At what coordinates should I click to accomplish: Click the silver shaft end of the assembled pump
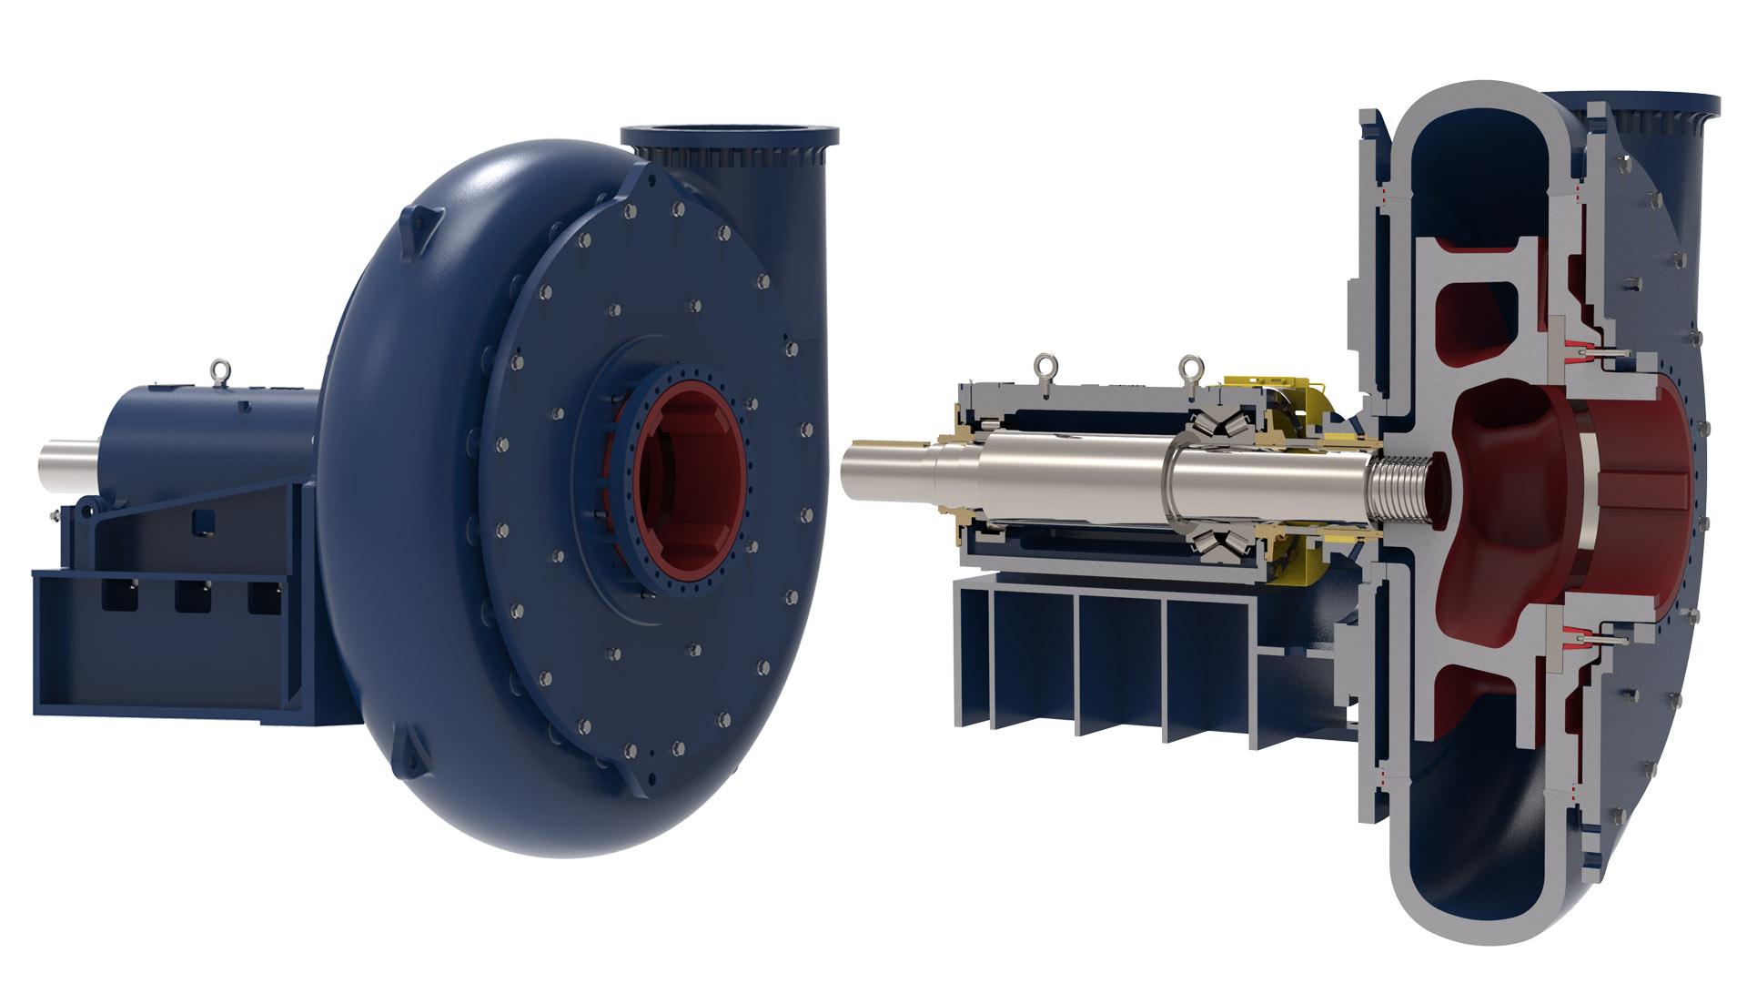pos(68,465)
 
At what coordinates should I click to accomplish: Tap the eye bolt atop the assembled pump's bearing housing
pos(218,371)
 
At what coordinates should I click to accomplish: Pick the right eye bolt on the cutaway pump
pos(1189,370)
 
